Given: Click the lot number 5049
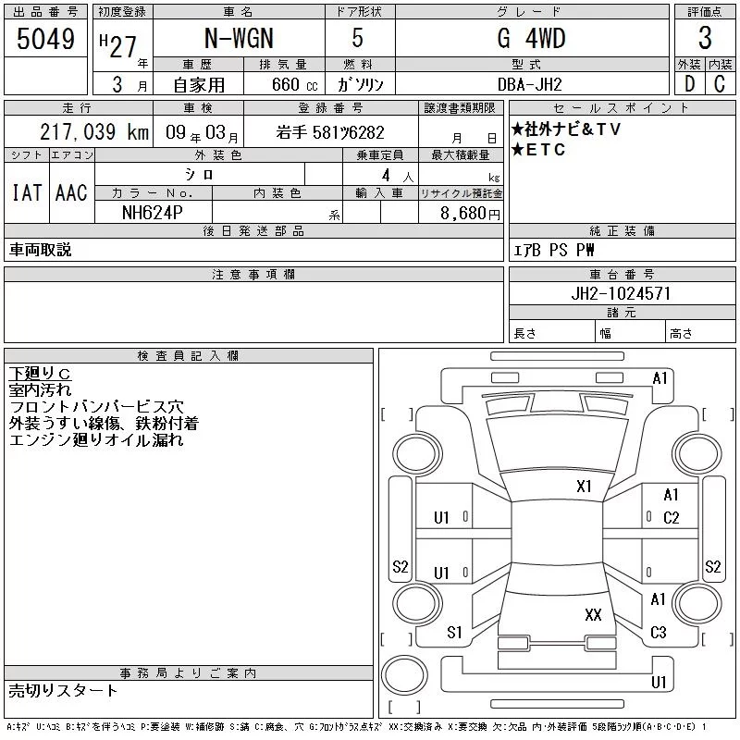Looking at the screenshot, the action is click(x=45, y=39).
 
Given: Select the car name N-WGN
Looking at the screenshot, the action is click(x=239, y=38).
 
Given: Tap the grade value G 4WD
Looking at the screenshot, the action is click(x=531, y=38).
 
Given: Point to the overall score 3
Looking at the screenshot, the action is click(x=705, y=38).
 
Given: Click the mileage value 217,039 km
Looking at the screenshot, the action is click(x=94, y=132).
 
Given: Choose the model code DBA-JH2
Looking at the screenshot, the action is click(x=529, y=84).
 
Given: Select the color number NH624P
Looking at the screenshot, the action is click(x=152, y=213).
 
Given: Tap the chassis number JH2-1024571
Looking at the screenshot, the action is click(x=621, y=293).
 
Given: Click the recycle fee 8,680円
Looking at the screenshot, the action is click(x=470, y=214).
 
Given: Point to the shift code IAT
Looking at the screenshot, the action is click(x=27, y=192).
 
